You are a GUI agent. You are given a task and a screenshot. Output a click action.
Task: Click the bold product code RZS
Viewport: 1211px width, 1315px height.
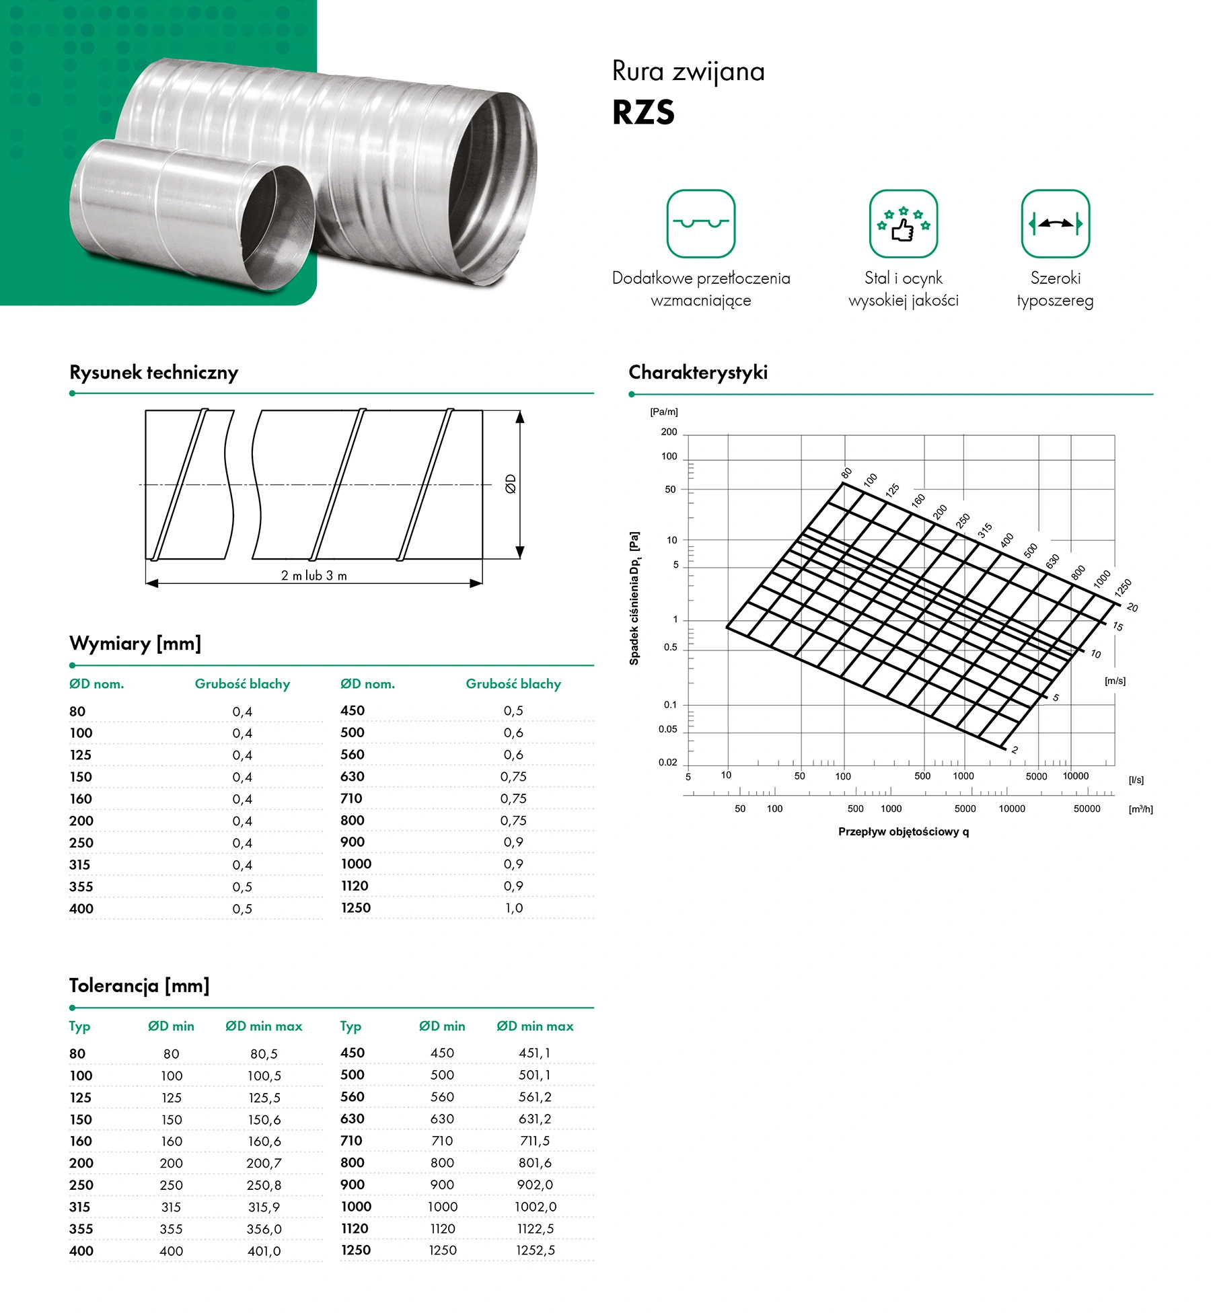pyautogui.click(x=643, y=112)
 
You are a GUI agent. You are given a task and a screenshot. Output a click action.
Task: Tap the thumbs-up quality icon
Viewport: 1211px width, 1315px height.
pyautogui.click(x=903, y=224)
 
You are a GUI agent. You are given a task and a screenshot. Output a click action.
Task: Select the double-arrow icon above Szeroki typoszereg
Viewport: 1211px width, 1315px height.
pyautogui.click(x=1055, y=224)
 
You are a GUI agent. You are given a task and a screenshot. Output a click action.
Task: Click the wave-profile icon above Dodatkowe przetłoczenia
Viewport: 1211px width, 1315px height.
pyautogui.click(x=700, y=224)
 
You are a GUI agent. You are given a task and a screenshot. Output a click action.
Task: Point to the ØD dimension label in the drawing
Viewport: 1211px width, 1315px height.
pyautogui.click(x=511, y=484)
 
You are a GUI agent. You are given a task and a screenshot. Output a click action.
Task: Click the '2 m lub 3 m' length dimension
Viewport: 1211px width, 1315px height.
pyautogui.click(x=314, y=576)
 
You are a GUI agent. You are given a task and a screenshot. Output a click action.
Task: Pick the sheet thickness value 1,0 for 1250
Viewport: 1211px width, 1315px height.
pyautogui.click(x=514, y=908)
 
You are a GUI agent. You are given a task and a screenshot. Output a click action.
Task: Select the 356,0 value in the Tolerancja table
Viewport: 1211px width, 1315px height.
pyautogui.click(x=264, y=1229)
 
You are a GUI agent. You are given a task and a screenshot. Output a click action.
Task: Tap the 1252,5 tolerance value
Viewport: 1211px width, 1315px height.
pyautogui.click(x=536, y=1250)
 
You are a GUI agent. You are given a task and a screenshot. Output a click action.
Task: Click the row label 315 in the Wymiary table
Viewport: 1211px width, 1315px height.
pyautogui.click(x=79, y=865)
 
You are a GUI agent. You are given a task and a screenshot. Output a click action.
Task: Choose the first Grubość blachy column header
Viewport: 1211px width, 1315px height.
pyautogui.click(x=242, y=684)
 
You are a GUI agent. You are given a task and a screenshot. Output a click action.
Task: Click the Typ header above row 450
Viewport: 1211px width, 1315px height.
pyautogui.click(x=351, y=1026)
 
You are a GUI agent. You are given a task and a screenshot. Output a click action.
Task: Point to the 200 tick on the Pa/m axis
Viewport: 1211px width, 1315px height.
pyautogui.click(x=669, y=433)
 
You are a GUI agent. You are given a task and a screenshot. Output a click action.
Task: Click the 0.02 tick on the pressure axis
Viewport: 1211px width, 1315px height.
pyautogui.click(x=667, y=763)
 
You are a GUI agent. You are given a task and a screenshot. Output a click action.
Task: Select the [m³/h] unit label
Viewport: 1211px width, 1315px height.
pyautogui.click(x=1140, y=809)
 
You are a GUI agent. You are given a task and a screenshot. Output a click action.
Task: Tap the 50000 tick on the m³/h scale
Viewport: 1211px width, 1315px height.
pyautogui.click(x=1087, y=809)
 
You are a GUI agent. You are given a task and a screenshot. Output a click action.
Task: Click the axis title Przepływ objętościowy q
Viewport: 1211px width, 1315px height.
pyautogui.click(x=903, y=832)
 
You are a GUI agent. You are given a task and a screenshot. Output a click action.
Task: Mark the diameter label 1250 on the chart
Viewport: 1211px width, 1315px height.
pyautogui.click(x=1123, y=588)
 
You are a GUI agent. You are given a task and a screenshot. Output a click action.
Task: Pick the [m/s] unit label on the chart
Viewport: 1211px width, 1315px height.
pyautogui.click(x=1115, y=681)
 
